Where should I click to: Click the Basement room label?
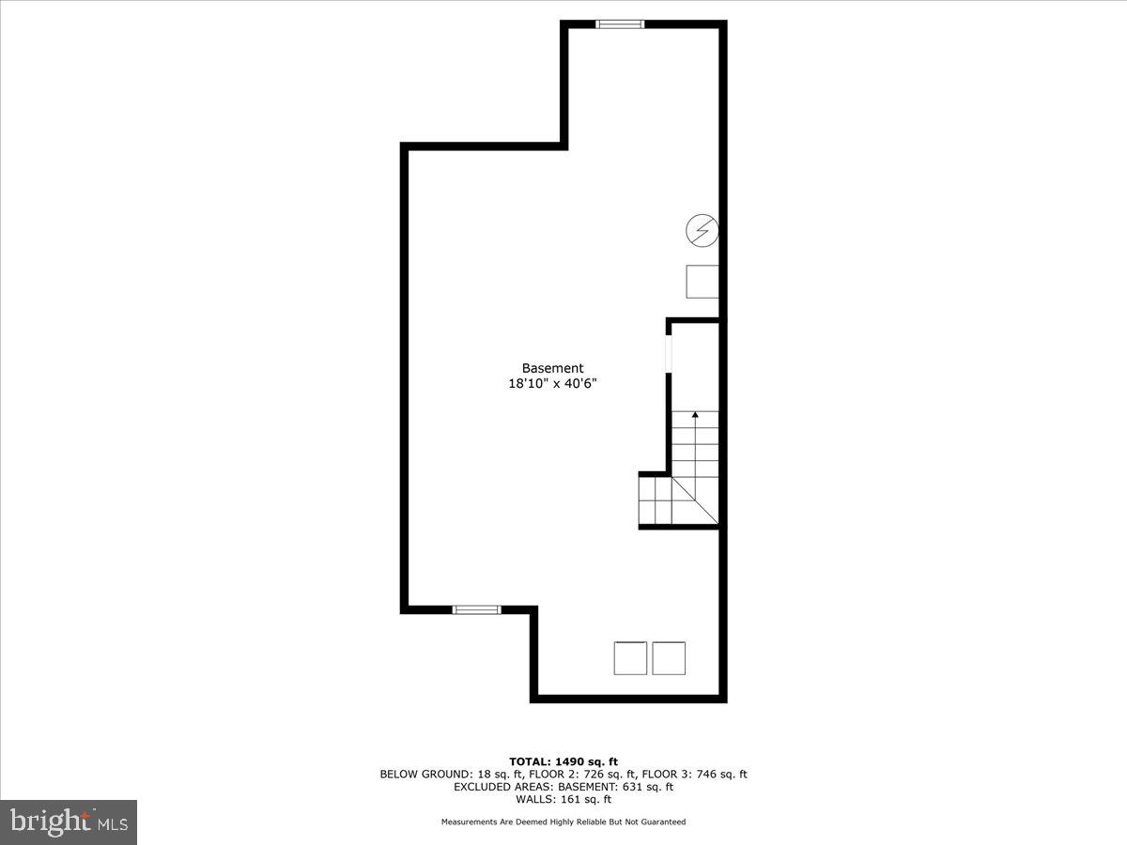pyautogui.click(x=553, y=369)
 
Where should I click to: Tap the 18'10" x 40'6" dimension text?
pyautogui.click(x=553, y=384)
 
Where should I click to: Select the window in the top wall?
pyautogui.click(x=621, y=24)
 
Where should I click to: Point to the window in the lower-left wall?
pyautogui.click(x=477, y=609)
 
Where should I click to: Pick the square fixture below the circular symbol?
pyautogui.click(x=702, y=282)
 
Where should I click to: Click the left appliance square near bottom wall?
pyautogui.click(x=630, y=657)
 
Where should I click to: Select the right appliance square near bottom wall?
pyautogui.click(x=669, y=657)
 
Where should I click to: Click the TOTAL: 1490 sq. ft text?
pyautogui.click(x=563, y=761)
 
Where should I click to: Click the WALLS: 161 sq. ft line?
pyautogui.click(x=563, y=800)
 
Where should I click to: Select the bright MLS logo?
pyautogui.click(x=69, y=822)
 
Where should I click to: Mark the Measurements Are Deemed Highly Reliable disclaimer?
pyautogui.click(x=563, y=822)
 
